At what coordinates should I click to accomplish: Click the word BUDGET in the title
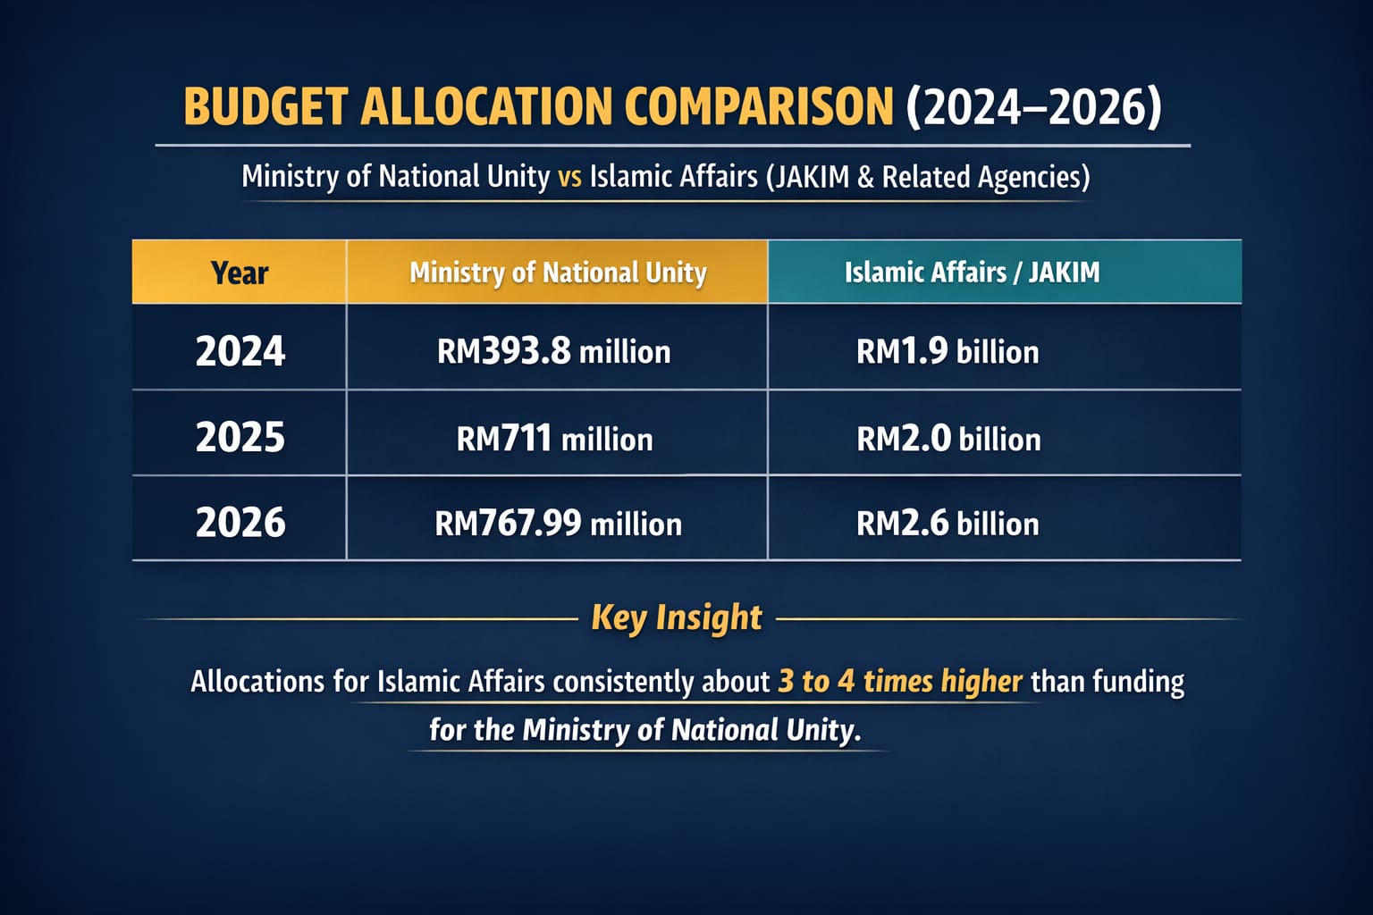[x=266, y=106]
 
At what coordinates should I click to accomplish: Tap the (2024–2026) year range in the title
[x=1034, y=106]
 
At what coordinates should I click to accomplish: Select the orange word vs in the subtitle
[x=569, y=177]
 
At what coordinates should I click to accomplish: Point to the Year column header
[x=240, y=273]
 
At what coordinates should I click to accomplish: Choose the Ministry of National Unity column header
[x=558, y=273]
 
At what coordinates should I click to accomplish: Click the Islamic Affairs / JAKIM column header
[x=973, y=273]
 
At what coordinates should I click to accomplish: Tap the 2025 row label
[x=240, y=437]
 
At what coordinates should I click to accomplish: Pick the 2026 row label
[x=240, y=522]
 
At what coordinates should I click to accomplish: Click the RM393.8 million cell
[x=553, y=352]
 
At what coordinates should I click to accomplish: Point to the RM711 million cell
[x=554, y=439]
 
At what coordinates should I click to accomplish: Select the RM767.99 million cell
[x=558, y=524]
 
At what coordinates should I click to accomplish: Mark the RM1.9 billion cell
[x=948, y=352]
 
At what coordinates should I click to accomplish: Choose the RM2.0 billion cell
[x=948, y=439]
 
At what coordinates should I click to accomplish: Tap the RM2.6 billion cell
[x=948, y=524]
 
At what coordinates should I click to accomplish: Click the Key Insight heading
[x=677, y=617]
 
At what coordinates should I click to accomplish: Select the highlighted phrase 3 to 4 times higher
[x=900, y=681]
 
